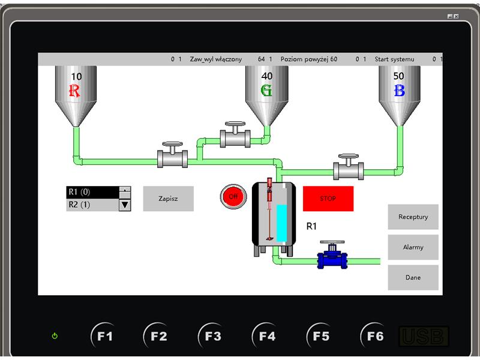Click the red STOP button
(x=328, y=199)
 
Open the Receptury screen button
(x=413, y=217)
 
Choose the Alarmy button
(x=413, y=247)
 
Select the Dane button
(x=413, y=277)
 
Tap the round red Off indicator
(x=233, y=197)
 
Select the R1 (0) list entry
(x=92, y=192)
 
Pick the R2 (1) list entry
(x=92, y=205)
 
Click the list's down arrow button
(x=125, y=205)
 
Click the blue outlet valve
(x=332, y=256)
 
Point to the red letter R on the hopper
(x=74, y=91)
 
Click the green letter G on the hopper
(x=266, y=91)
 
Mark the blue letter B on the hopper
(x=399, y=91)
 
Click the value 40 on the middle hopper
(x=266, y=76)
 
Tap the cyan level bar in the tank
(x=281, y=223)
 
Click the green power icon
(x=55, y=336)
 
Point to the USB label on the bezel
(x=424, y=337)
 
